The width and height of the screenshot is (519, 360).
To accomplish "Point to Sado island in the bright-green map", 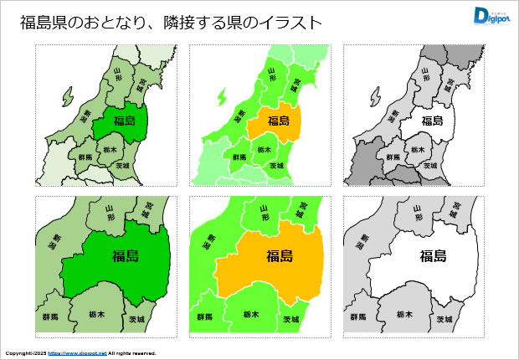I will [x=222, y=98].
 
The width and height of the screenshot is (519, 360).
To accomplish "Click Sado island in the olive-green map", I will [x=68, y=98].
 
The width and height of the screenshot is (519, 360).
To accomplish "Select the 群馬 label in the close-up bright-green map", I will [x=204, y=318].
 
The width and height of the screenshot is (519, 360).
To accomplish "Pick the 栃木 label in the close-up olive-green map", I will [x=96, y=314].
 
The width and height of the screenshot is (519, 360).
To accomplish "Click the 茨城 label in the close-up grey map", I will [x=444, y=320].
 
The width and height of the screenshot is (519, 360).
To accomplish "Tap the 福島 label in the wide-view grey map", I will [x=431, y=121].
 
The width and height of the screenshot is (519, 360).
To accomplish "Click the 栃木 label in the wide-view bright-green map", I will [x=264, y=150].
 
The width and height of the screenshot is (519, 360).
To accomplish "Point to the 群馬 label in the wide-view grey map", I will [x=393, y=157].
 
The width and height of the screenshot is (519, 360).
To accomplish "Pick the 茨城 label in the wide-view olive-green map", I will [x=124, y=166].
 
